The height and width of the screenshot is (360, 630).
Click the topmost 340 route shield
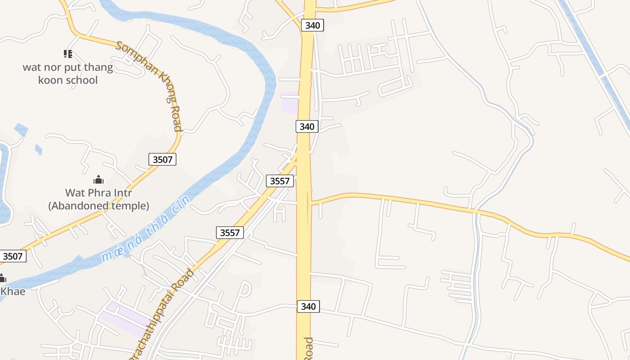(x=312, y=25)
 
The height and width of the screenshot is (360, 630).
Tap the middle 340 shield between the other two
(x=307, y=126)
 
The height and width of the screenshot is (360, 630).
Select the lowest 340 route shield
(x=308, y=306)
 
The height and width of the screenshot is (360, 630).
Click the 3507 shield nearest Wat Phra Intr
(x=162, y=159)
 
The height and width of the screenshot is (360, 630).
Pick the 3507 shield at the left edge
(x=13, y=256)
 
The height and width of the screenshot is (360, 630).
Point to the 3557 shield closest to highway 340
(x=280, y=181)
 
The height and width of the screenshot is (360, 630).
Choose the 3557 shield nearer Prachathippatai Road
(x=230, y=232)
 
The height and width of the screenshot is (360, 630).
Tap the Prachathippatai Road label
(x=162, y=315)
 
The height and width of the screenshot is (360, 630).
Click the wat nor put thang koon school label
(x=68, y=74)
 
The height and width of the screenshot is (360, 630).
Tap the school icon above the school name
(x=68, y=54)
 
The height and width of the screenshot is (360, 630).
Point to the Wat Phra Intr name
(x=99, y=193)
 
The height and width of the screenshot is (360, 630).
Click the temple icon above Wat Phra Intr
(x=99, y=180)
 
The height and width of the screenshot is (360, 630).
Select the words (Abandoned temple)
(x=99, y=206)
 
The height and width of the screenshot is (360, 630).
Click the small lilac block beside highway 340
(x=290, y=103)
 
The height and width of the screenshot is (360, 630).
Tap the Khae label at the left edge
(x=13, y=291)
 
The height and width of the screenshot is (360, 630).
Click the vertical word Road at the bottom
(x=309, y=349)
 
